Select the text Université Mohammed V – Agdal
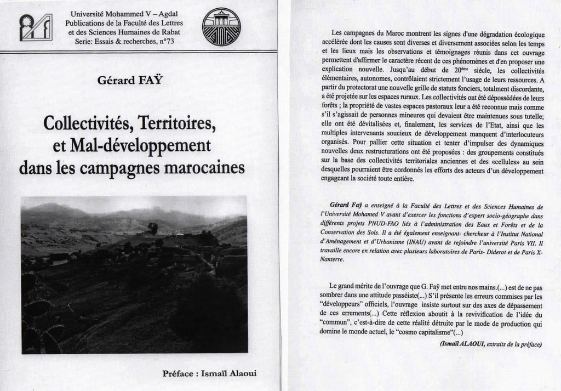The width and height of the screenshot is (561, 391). click(124, 14)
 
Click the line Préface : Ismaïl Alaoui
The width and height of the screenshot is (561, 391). click(209, 373)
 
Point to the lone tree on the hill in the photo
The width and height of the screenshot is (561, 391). click(153, 227)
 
